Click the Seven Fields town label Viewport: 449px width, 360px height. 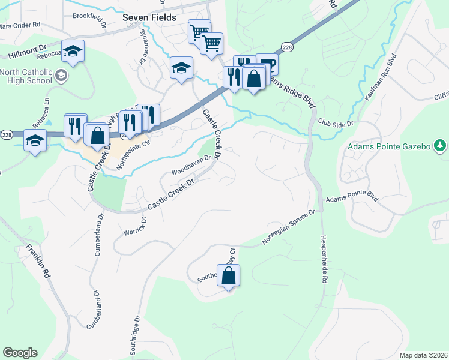149,17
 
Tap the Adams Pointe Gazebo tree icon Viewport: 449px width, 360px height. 440,146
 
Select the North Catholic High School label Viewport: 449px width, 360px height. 26,76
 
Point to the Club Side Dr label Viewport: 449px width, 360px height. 336,122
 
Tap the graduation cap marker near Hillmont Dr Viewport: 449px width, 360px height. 73,52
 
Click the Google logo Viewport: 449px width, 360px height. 20,353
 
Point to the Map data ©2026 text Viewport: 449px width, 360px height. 423,355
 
